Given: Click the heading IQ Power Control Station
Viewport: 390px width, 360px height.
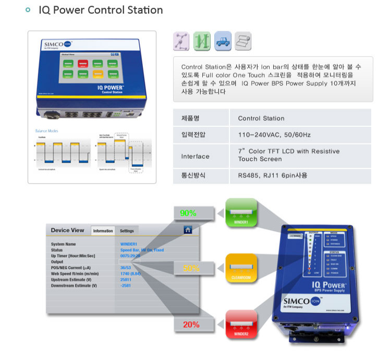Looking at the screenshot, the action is click(x=101, y=10).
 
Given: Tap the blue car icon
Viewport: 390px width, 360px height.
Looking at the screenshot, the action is click(x=222, y=41).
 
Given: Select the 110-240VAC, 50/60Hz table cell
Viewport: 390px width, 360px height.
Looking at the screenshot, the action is click(x=274, y=135).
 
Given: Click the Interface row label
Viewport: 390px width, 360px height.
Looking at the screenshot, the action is click(x=196, y=156).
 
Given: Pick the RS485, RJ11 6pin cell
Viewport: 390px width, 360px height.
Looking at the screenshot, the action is click(x=272, y=176).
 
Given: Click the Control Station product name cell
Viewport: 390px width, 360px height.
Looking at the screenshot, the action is click(x=261, y=118).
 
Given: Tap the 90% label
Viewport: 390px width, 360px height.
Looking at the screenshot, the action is click(x=188, y=213).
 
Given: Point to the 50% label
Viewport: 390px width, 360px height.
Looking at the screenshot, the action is click(x=191, y=269).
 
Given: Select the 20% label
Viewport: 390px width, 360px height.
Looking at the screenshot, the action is click(x=191, y=325).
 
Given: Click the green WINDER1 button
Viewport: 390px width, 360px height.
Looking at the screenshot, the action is click(x=241, y=212).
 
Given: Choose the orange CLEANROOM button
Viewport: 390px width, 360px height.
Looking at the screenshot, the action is click(x=241, y=268).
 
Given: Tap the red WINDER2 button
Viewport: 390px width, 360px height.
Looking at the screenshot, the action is click(x=241, y=324).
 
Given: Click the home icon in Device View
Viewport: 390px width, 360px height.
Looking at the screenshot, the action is click(x=188, y=230).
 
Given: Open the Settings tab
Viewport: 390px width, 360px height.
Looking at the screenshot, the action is click(x=127, y=231).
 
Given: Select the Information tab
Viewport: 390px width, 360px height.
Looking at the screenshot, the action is click(x=103, y=231).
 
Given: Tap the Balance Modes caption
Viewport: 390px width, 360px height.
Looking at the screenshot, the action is click(x=46, y=130).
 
